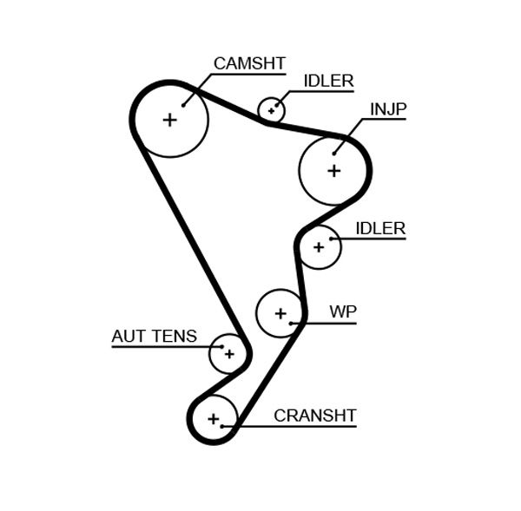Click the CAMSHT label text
(249, 63)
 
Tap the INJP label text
(388, 109)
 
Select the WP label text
(343, 312)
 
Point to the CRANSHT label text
(314, 416)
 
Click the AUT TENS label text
(154, 337)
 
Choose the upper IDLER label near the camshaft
(328, 82)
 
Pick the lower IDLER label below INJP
(380, 229)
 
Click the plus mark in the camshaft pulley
(169, 120)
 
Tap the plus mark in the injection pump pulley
(334, 171)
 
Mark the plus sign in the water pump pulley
(280, 312)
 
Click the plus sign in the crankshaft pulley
(213, 420)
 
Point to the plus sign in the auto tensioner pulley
(228, 353)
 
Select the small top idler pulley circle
(272, 110)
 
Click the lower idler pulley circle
(319, 247)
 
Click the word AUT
(127, 337)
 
